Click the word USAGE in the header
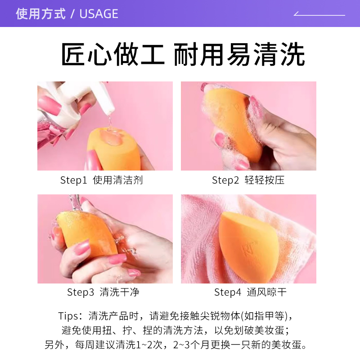click(99, 14)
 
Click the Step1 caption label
click(73, 180)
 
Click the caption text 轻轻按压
click(265, 180)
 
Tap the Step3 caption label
click(81, 292)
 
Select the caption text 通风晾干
click(267, 292)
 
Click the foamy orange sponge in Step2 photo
click(234, 121)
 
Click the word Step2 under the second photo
click(225, 180)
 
